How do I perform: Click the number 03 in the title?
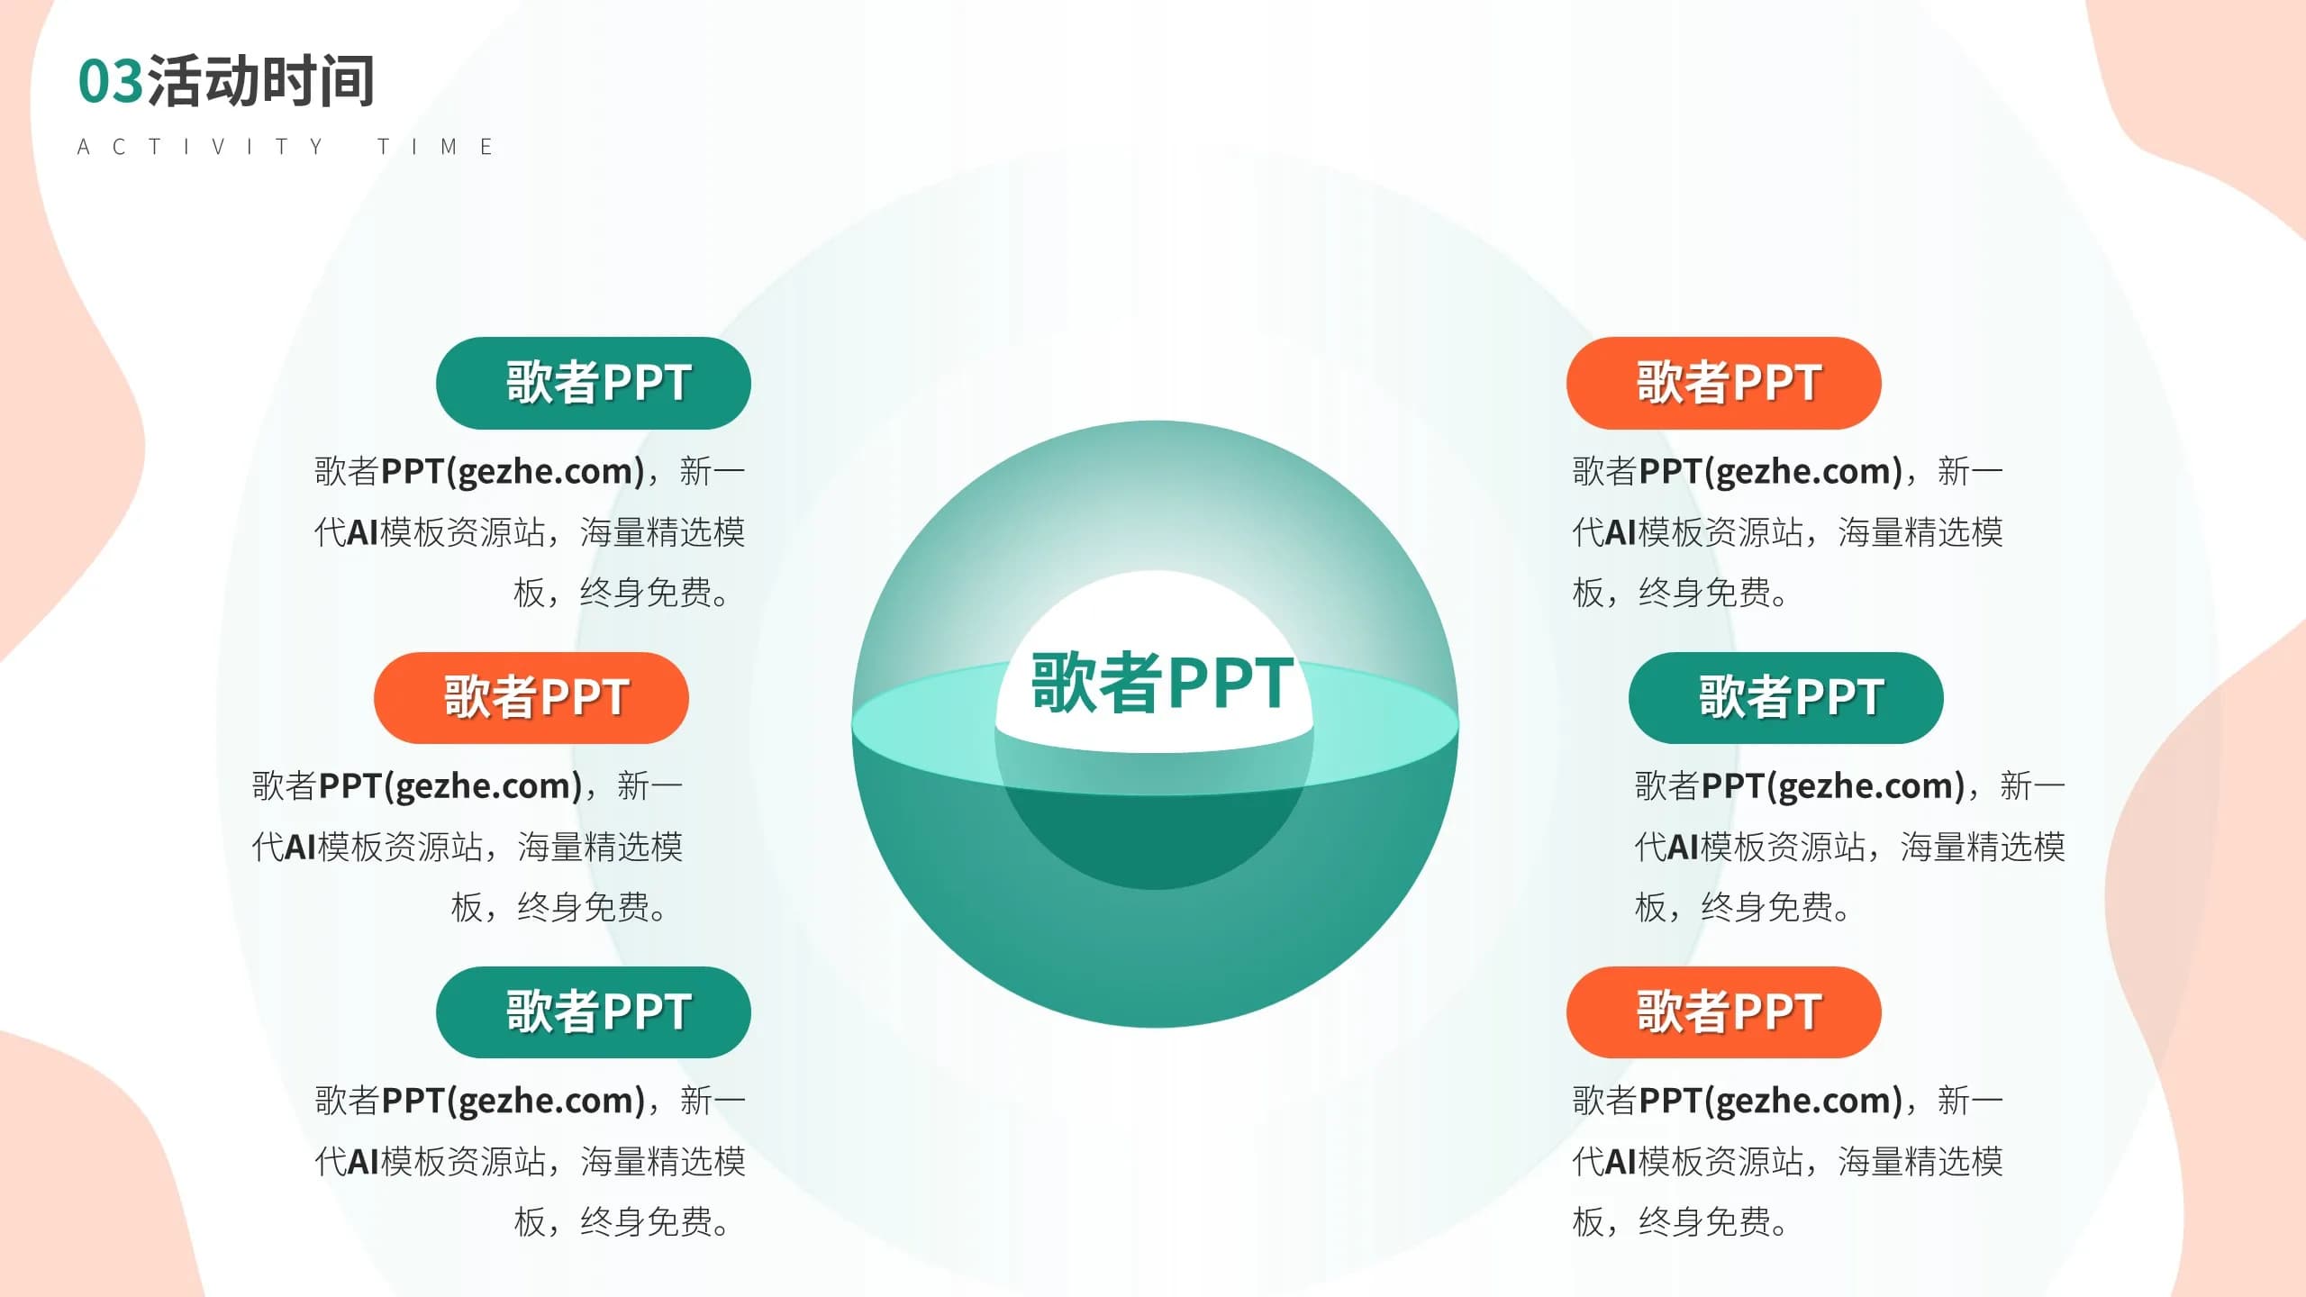tap(111, 82)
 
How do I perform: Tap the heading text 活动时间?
tap(260, 81)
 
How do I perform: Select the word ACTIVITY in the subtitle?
tap(200, 147)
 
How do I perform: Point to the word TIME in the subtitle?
tap(435, 147)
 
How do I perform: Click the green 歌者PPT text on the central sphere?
tap(1162, 683)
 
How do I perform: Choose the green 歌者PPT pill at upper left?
tap(594, 383)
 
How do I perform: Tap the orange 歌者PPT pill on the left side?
tap(531, 698)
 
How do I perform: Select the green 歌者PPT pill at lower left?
tap(594, 1012)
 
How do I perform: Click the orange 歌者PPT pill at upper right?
tap(1724, 383)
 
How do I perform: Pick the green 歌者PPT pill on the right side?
tap(1786, 698)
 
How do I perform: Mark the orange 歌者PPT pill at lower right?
tap(1724, 1012)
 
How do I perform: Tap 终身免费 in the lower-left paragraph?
tap(647, 1222)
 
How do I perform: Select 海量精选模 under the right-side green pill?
tap(1983, 847)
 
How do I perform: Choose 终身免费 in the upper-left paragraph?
tap(647, 593)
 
